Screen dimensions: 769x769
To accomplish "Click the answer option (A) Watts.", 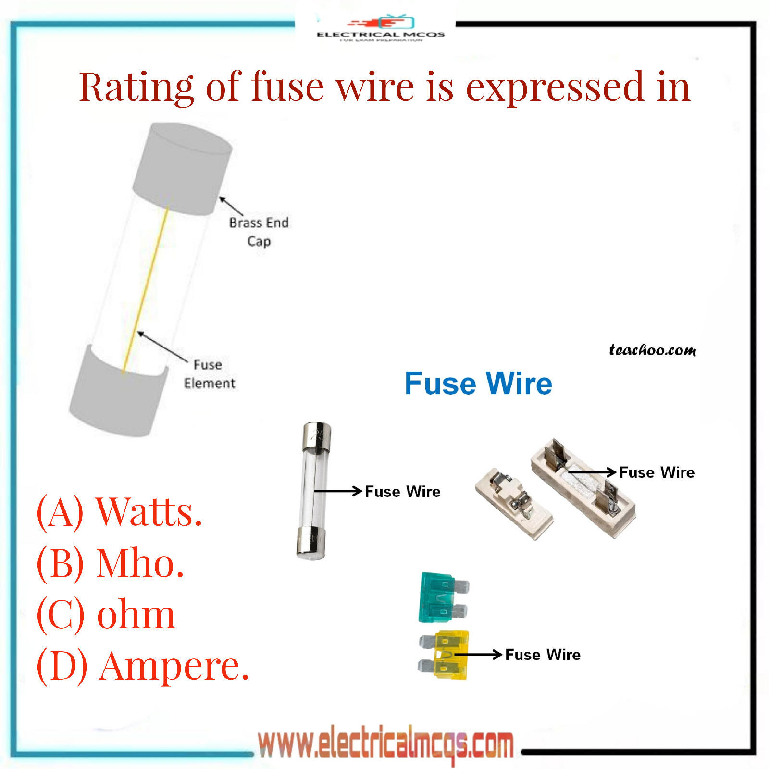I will pos(119,512).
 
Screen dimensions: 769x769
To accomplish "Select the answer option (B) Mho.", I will pos(111,563).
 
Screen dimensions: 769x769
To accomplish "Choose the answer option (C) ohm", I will pos(106,615).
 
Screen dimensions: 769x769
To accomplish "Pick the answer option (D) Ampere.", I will pos(143,667).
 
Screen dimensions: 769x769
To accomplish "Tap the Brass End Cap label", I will pos(259,232).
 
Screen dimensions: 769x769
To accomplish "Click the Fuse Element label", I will pos(209,374).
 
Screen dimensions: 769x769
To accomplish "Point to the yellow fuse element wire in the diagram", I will pos(146,288).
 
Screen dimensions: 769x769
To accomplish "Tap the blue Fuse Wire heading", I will pos(478,384).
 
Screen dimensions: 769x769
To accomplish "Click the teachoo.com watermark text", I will pos(652,350).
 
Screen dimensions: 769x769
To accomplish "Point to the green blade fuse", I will pos(441,597).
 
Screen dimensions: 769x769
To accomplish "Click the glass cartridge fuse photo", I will pos(313,490).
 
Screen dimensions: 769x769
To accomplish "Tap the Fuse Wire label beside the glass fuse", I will pos(402,492).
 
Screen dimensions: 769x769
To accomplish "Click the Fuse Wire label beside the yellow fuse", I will pos(543,655).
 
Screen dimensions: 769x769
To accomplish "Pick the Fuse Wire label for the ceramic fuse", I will pos(657,472).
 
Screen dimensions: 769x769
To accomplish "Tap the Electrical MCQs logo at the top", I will pos(381,29).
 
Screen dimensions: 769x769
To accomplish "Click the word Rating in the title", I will pos(136,87).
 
